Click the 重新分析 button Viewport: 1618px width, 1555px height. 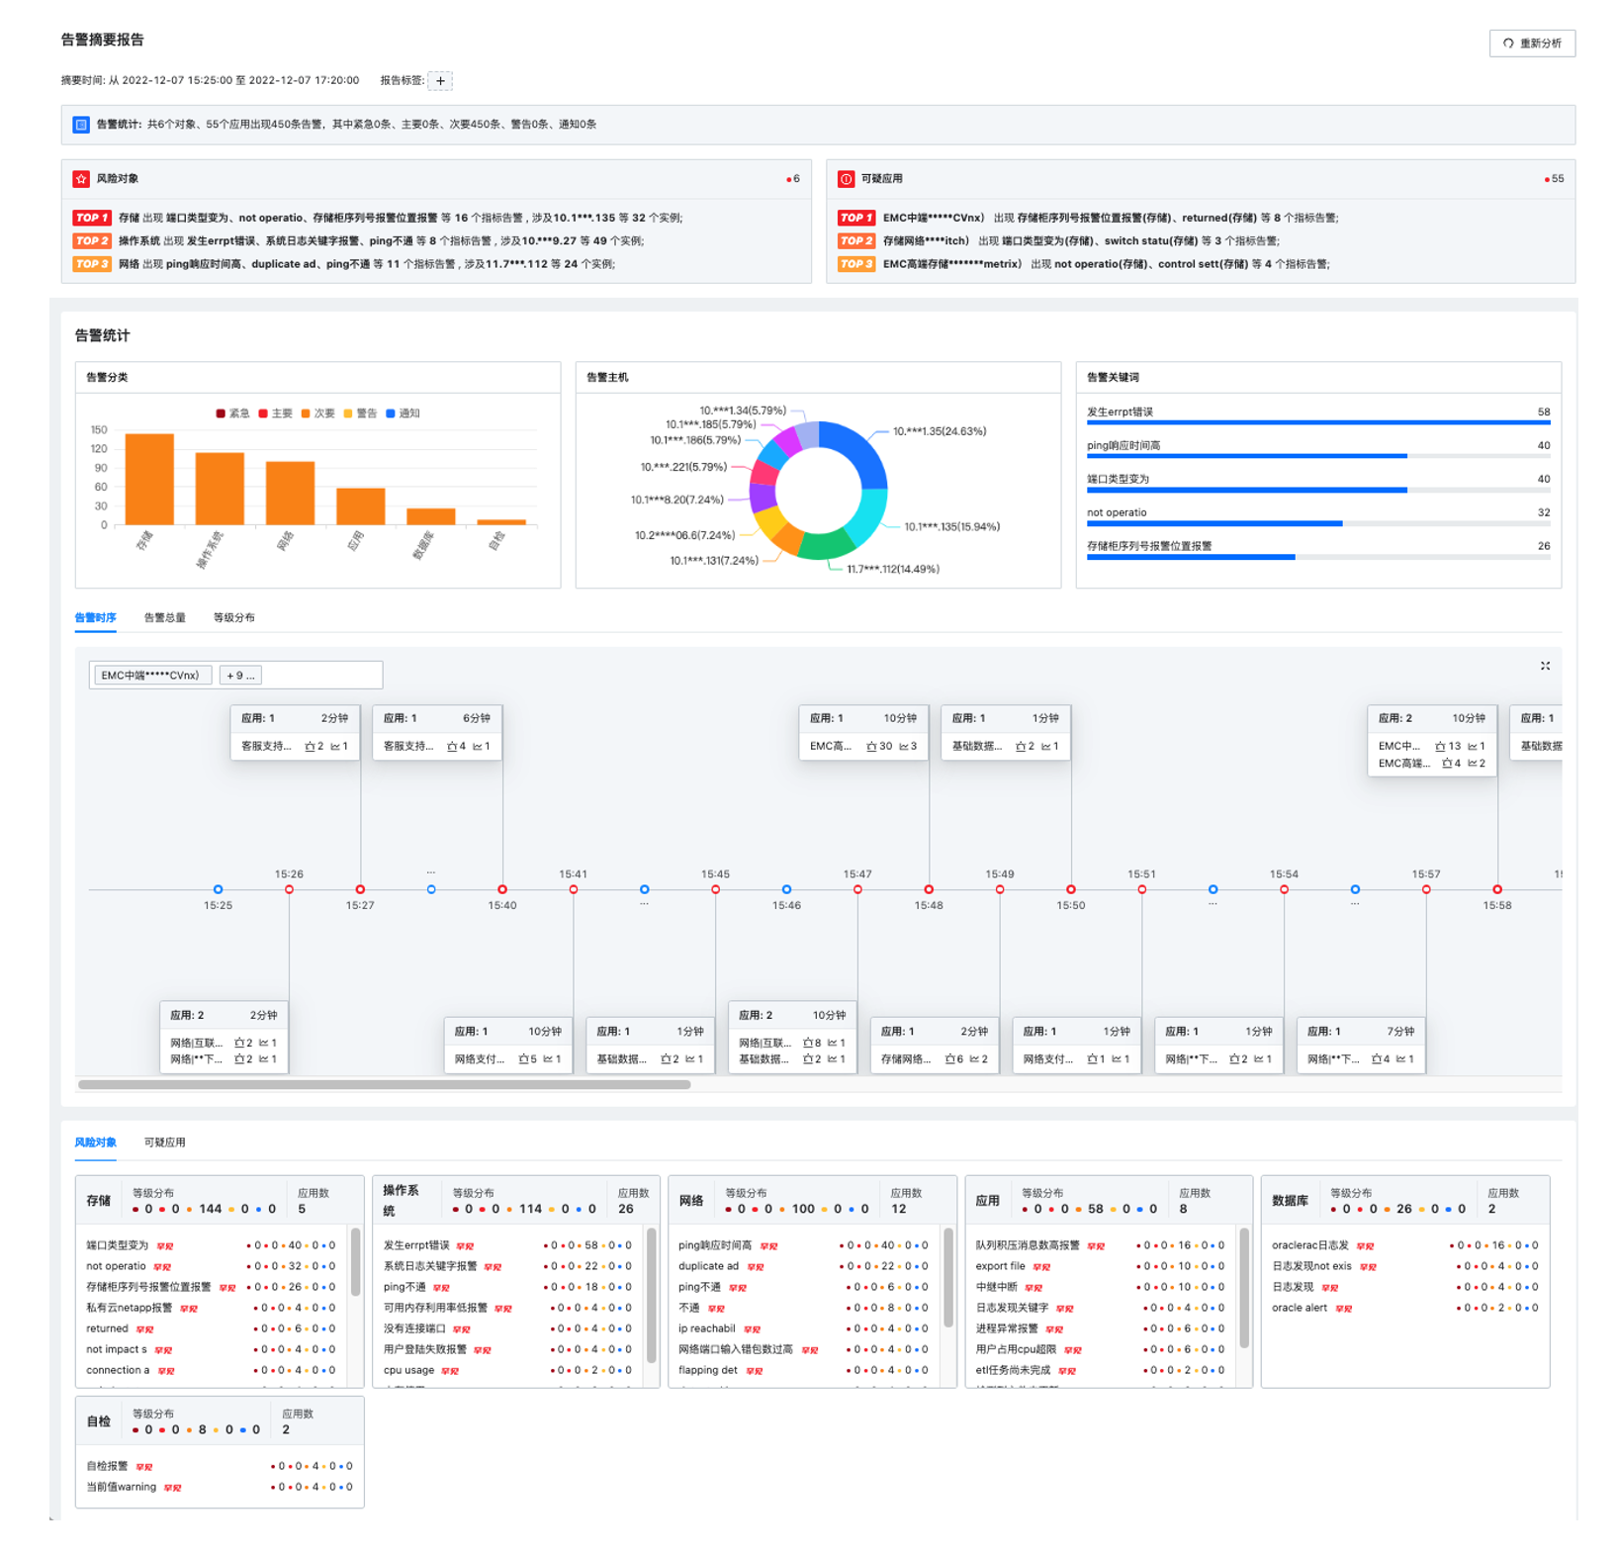point(1531,44)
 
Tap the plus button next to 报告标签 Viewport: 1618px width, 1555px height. point(440,81)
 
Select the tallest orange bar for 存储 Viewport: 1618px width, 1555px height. point(149,479)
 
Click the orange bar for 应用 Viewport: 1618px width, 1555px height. point(360,505)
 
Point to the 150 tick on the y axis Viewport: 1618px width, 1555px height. point(99,430)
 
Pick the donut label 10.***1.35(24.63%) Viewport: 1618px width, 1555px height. point(939,431)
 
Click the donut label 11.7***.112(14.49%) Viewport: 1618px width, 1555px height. point(892,569)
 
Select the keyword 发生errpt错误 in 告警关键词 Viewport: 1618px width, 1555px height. point(1120,412)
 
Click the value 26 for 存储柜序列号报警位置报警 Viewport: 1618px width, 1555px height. point(1543,546)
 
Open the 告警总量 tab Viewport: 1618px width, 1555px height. point(165,618)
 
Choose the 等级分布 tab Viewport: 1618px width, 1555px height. point(234,618)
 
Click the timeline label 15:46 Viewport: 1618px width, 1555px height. point(786,905)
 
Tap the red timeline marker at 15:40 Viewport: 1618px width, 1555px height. point(502,889)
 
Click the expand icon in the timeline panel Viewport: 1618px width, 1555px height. point(1545,666)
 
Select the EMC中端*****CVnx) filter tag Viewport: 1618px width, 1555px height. point(150,676)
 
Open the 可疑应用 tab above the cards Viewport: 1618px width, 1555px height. point(165,1143)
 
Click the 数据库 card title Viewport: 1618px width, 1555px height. point(1290,1201)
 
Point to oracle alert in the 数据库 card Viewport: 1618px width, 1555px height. point(1299,1308)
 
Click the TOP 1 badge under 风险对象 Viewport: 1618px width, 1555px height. point(91,218)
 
